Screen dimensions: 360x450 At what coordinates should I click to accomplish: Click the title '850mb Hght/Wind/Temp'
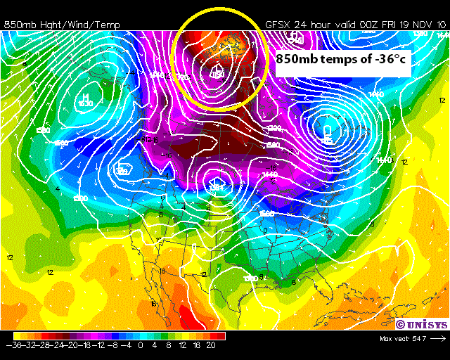[x=62, y=25]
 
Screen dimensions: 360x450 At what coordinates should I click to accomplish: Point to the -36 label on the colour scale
[x=12, y=345]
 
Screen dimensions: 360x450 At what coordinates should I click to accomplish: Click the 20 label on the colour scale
[x=212, y=345]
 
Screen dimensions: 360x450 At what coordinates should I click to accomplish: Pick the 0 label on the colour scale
[x=141, y=345]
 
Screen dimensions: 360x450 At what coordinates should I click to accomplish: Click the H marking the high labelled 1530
[x=85, y=96]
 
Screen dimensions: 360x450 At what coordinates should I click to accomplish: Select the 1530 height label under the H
[x=85, y=104]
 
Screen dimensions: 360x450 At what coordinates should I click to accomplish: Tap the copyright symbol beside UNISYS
[x=399, y=324]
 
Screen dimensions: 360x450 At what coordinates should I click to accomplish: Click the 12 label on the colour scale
[x=183, y=345]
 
